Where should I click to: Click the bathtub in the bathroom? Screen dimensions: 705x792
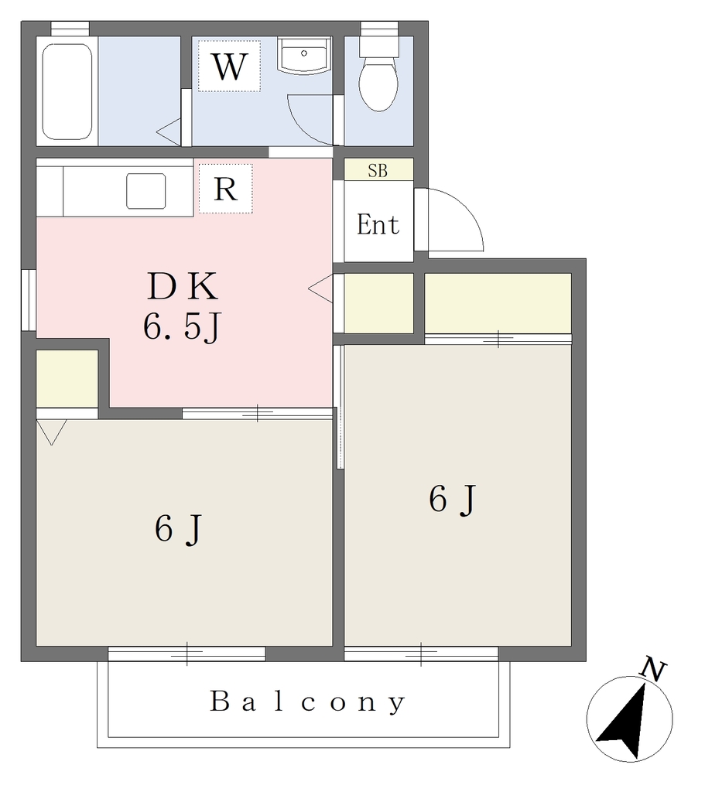67,91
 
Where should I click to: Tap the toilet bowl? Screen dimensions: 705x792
378,83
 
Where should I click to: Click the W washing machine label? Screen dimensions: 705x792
229,67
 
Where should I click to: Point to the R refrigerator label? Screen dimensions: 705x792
225,189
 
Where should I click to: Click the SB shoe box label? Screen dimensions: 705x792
378,171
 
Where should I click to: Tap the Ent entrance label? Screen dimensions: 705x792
378,224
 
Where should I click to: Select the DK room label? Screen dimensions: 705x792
183,286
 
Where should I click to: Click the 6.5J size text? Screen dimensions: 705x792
183,327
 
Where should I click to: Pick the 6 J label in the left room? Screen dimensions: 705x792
179,529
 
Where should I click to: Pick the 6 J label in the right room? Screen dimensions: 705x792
452,500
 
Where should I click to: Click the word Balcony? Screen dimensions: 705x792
307,702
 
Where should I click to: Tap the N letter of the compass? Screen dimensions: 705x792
653,671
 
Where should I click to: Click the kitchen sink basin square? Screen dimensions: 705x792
146,191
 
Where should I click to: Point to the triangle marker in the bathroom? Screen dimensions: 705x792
169,132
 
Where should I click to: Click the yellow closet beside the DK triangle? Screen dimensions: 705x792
379,303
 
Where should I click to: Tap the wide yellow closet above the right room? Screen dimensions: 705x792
498,303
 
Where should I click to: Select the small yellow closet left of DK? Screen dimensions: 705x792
67,378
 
